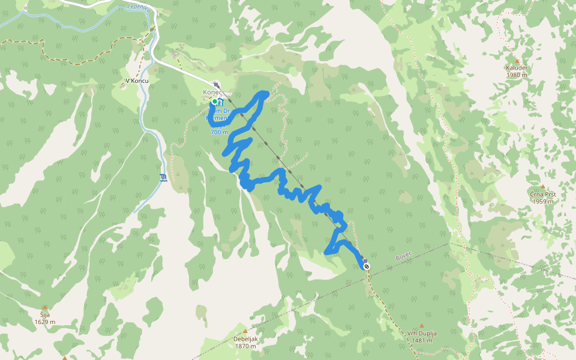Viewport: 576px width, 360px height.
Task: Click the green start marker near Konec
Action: click(214, 101)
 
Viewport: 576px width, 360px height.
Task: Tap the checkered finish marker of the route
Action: click(366, 266)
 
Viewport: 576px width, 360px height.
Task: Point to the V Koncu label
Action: click(136, 80)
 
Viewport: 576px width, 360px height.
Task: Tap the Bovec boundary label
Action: click(404, 257)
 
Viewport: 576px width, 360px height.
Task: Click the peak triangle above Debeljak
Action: click(245, 331)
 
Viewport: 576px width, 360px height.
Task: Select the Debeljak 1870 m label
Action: click(245, 343)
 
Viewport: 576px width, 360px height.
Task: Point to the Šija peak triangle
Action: click(44, 307)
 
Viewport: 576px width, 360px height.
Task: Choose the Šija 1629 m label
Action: click(44, 318)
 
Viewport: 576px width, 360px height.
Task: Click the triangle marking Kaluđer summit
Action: click(517, 60)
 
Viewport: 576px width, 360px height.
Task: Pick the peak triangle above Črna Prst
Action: click(542, 187)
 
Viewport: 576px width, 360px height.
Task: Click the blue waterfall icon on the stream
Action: click(164, 177)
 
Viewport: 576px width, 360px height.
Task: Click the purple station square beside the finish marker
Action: click(365, 261)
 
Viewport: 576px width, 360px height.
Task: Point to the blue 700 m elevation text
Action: click(219, 132)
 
